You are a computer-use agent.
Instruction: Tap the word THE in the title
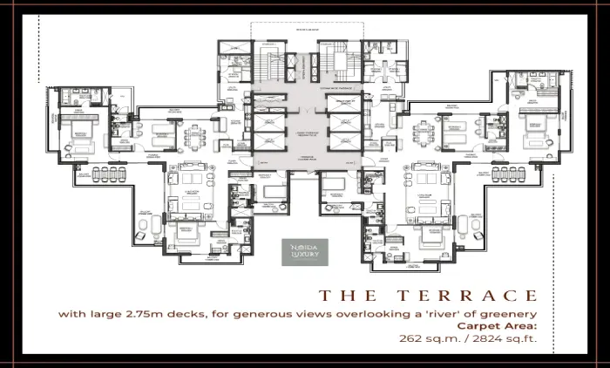(349, 295)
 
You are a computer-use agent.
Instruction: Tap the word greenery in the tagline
(505, 312)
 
